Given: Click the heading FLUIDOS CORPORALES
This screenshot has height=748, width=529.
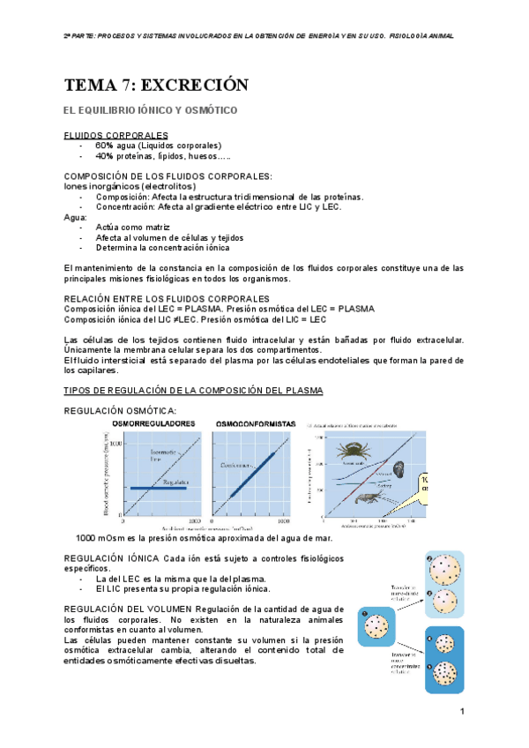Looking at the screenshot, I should click(116, 135).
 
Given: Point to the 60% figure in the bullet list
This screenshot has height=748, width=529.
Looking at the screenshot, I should click(105, 145).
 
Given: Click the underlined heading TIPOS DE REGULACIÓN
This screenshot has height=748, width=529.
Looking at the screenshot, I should click(194, 389).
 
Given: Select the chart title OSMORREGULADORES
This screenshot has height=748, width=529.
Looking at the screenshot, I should click(153, 423).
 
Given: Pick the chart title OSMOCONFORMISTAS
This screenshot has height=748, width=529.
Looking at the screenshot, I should click(256, 423).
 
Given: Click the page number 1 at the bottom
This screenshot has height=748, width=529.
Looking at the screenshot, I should click(461, 711).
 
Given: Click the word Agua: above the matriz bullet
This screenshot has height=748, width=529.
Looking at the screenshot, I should click(77, 217).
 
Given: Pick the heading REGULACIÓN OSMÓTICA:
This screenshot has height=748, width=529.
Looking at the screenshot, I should click(121, 410).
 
